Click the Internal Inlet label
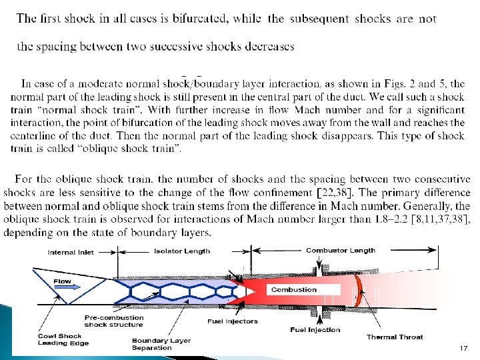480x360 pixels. pyautogui.click(x=71, y=253)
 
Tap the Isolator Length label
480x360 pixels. pyautogui.click(x=182, y=251)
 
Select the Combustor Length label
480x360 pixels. pyautogui.click(x=341, y=251)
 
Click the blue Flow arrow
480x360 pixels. pyautogui.click(x=67, y=287)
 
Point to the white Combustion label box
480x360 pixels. pyautogui.click(x=303, y=289)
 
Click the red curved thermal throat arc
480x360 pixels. pyautogui.click(x=359, y=291)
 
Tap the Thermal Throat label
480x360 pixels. pyautogui.click(x=395, y=337)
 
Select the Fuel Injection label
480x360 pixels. pyautogui.click(x=315, y=330)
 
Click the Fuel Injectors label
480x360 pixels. pyautogui.click(x=233, y=321)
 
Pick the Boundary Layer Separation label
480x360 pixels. pyautogui.click(x=161, y=344)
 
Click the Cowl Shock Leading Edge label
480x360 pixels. pyautogui.click(x=63, y=339)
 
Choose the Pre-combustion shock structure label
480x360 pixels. pyautogui.click(x=114, y=321)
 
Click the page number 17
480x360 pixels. pyautogui.click(x=463, y=348)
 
